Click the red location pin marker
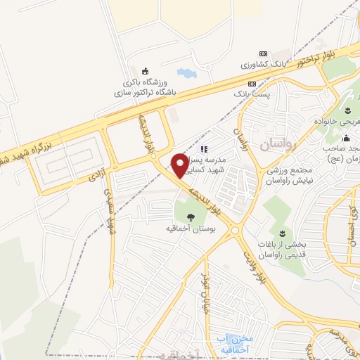coord(181,165)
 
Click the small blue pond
coord(186,73)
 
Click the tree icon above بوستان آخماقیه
coord(191,217)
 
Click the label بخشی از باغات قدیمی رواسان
coord(284,249)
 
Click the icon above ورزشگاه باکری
coord(146,70)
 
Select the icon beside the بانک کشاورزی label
coord(263,53)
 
